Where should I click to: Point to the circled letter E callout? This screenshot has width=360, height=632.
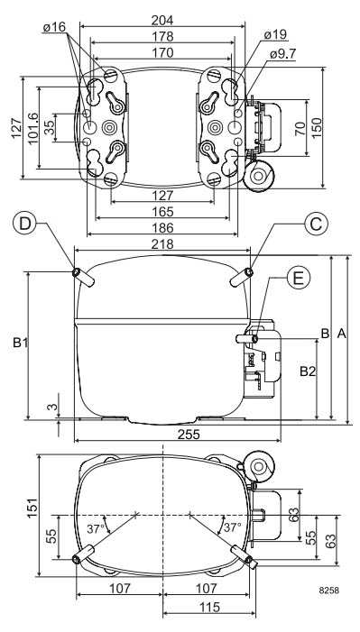pos(299,279)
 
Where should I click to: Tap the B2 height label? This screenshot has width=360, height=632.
pos(307,371)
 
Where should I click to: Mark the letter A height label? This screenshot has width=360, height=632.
pos(341,334)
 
